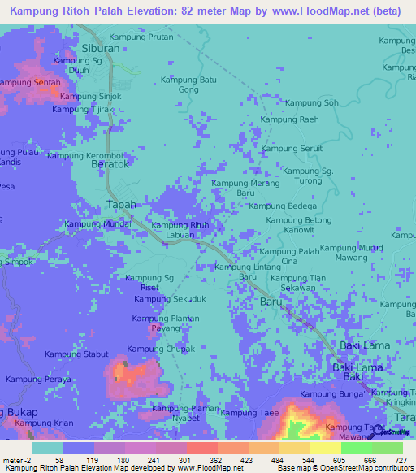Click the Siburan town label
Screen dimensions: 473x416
[x=102, y=48]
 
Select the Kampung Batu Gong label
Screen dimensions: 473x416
[x=188, y=84]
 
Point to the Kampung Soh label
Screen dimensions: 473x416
[x=310, y=102]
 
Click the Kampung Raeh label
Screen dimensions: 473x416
[x=289, y=119]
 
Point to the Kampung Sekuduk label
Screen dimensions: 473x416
[x=171, y=299]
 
